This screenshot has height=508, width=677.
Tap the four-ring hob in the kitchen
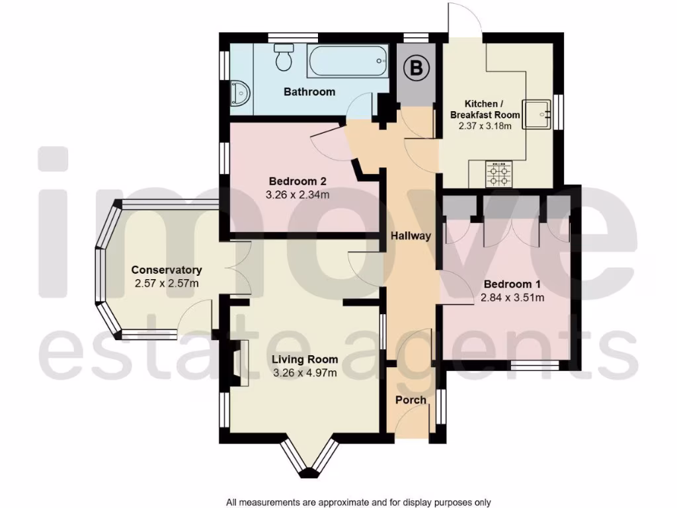pyautogui.click(x=500, y=174)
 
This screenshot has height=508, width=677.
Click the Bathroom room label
pyautogui.click(x=309, y=92)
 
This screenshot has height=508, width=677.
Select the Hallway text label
pyautogui.click(x=411, y=235)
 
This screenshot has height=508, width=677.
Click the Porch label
pyautogui.click(x=411, y=400)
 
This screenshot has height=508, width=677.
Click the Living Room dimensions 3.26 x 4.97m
pyautogui.click(x=305, y=372)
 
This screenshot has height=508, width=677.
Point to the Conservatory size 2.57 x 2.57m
pyautogui.click(x=166, y=283)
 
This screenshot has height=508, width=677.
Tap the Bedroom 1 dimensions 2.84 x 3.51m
pyautogui.click(x=513, y=298)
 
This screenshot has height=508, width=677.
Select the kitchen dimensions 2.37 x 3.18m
pyautogui.click(x=485, y=126)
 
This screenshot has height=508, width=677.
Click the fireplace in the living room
pyautogui.click(x=239, y=363)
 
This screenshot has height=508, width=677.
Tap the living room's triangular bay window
pyautogui.click(x=309, y=460)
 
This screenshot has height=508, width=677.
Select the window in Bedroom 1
pyautogui.click(x=535, y=364)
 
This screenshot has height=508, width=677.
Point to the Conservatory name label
pyautogui.click(x=166, y=270)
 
